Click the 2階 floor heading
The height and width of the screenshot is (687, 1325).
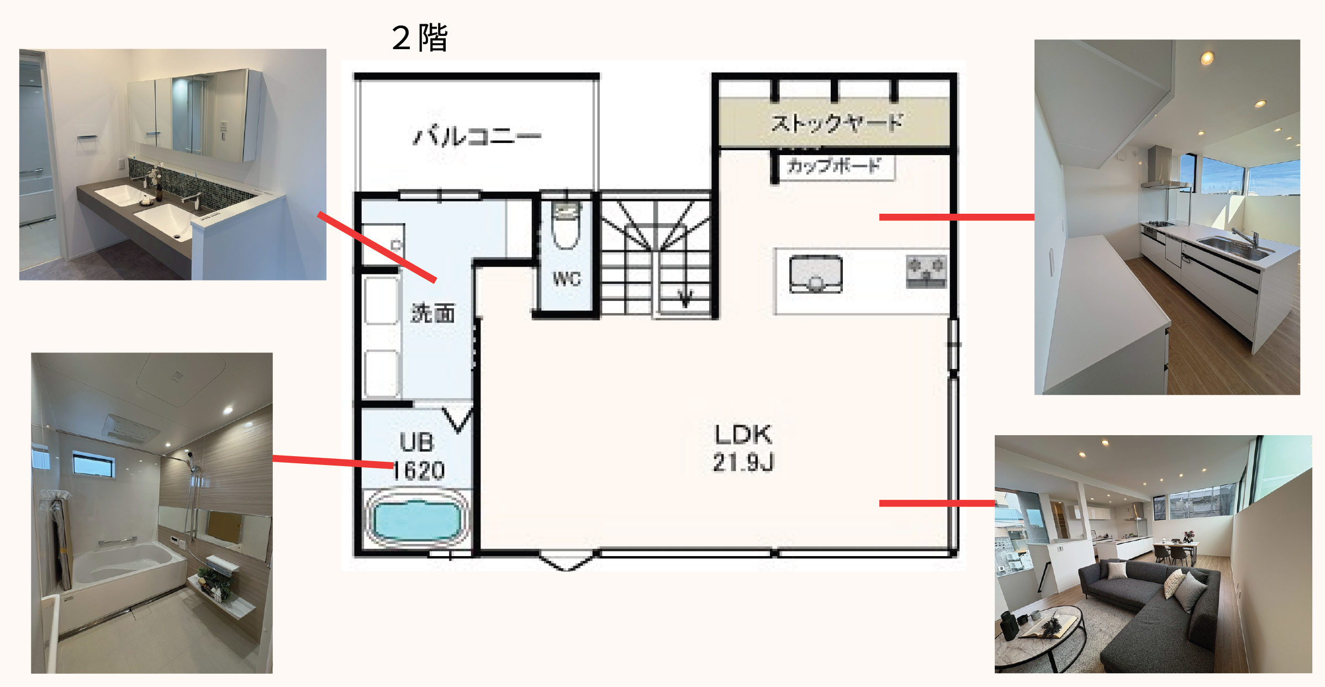pyautogui.click(x=420, y=38)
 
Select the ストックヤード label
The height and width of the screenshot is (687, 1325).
pyautogui.click(x=836, y=123)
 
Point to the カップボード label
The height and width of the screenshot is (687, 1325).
pyautogui.click(x=833, y=165)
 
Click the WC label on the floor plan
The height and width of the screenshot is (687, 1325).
pyautogui.click(x=567, y=279)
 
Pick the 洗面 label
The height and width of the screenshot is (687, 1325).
pyautogui.click(x=433, y=313)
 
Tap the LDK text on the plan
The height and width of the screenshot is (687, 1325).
pyautogui.click(x=743, y=435)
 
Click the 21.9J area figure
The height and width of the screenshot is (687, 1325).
pyautogui.click(x=743, y=462)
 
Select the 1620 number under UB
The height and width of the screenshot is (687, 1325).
pyautogui.click(x=419, y=471)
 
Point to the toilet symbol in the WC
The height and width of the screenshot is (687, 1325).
pyautogui.click(x=566, y=225)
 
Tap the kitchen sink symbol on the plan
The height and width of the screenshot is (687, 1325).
pyautogui.click(x=816, y=273)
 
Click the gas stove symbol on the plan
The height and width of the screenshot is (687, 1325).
pyautogui.click(x=926, y=272)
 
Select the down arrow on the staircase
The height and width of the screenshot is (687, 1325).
pyautogui.click(x=685, y=297)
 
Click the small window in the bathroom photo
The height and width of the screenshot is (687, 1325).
pyautogui.click(x=94, y=464)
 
